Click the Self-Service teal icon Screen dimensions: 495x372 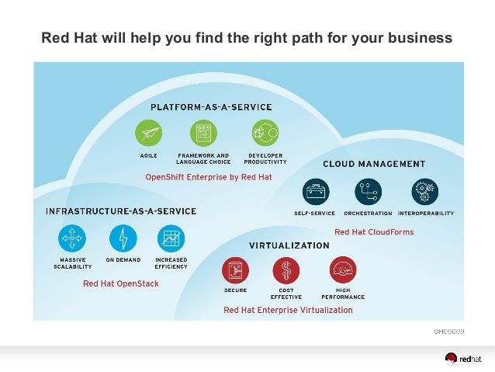click(x=315, y=191)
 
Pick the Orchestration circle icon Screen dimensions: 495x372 click(x=367, y=191)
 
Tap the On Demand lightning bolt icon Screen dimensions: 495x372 click(x=123, y=238)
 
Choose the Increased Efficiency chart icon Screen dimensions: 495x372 click(x=170, y=238)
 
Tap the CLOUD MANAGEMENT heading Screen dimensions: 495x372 click(x=374, y=164)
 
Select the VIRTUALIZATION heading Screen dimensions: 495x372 click(x=289, y=245)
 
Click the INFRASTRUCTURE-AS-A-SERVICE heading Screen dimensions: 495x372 click(x=120, y=211)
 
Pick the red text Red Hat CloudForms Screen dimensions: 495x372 click(x=374, y=232)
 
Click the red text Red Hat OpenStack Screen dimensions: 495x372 click(x=120, y=283)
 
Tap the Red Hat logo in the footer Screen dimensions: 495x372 click(x=464, y=358)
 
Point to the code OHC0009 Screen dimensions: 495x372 click(x=448, y=332)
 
